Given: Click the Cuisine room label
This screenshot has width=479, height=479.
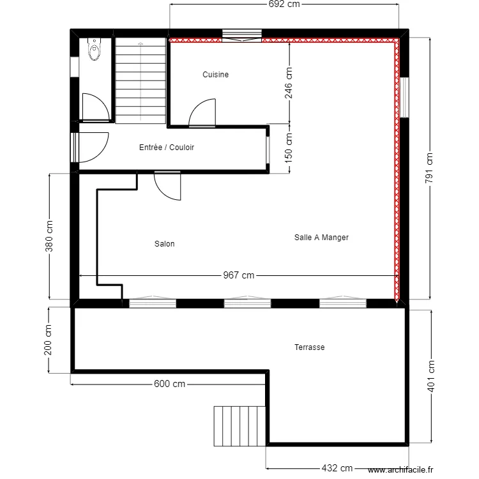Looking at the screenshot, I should (215, 75).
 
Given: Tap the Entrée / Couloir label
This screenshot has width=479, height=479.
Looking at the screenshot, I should (166, 148).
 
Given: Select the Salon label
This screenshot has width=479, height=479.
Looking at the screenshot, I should (164, 244).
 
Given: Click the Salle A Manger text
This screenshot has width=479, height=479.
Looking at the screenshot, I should (321, 238).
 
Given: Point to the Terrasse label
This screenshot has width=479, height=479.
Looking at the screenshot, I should (310, 347).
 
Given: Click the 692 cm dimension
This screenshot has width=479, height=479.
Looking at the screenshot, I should (284, 4).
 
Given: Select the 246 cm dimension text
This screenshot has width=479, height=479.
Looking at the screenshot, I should (289, 82).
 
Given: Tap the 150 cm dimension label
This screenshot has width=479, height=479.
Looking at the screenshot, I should (289, 149).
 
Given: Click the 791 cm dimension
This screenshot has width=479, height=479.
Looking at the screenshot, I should (429, 168).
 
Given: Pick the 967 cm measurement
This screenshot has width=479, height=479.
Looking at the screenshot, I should (238, 275).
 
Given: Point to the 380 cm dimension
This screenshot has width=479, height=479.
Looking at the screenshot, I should (49, 236).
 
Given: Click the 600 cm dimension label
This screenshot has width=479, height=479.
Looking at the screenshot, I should (169, 384).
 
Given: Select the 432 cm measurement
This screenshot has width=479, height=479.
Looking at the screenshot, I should (337, 468).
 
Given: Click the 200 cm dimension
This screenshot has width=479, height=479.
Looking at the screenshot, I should (49, 339).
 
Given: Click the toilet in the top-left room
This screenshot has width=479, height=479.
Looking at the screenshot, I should (95, 49).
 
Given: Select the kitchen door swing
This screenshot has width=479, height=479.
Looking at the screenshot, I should (204, 113).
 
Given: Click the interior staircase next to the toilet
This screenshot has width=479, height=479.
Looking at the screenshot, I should (141, 80).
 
